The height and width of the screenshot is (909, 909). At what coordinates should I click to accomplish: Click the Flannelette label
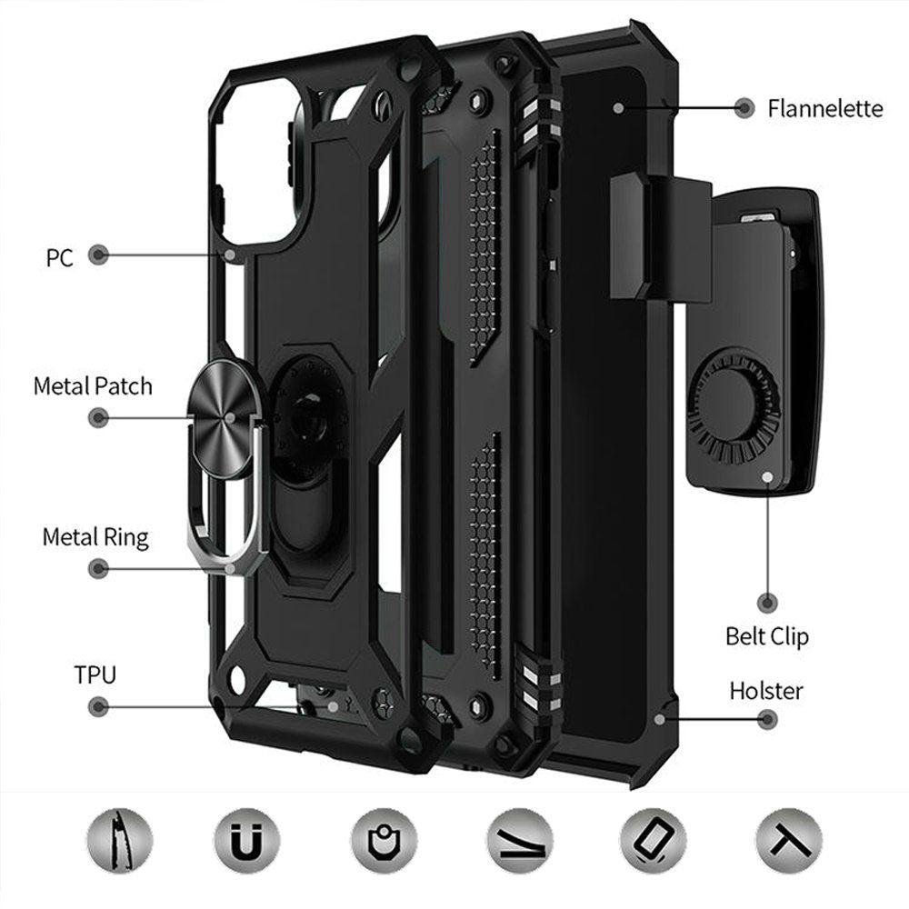(x=825, y=109)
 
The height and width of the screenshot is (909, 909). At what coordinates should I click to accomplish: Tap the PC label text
(x=60, y=258)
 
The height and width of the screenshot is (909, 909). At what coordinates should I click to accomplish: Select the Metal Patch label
(x=93, y=386)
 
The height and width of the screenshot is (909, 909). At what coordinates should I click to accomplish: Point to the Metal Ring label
(x=95, y=537)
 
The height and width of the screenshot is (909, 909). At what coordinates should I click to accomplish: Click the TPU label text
(x=95, y=674)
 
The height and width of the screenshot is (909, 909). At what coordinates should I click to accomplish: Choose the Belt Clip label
(x=766, y=636)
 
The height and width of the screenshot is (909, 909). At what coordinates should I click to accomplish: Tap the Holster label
(x=766, y=691)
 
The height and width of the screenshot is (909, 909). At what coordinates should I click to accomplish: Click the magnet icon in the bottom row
(x=246, y=841)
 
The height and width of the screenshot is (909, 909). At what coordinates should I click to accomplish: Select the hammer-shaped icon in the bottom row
(x=789, y=841)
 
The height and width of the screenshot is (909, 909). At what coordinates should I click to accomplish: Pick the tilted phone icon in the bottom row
(x=653, y=841)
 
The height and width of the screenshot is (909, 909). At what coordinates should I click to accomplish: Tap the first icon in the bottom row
(x=120, y=841)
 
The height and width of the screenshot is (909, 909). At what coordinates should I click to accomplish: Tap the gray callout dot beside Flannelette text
(x=744, y=108)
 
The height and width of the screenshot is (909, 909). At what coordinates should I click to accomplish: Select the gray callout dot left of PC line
(x=98, y=255)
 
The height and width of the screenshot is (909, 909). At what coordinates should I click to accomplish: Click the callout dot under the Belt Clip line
(x=767, y=603)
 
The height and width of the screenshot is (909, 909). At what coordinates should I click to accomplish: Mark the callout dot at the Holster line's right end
(x=767, y=719)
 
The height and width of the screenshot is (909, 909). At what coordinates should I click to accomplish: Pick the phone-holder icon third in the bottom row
(x=384, y=841)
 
